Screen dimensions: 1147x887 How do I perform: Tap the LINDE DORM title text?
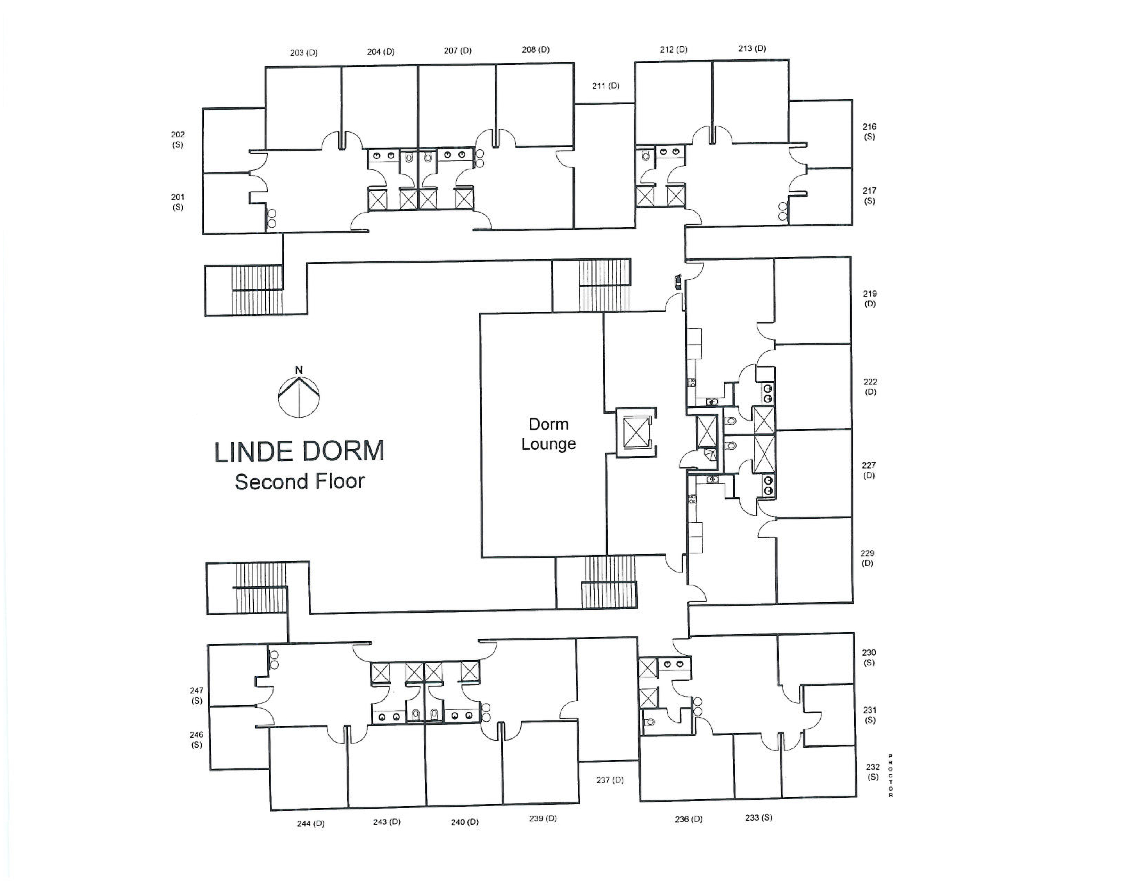tap(299, 452)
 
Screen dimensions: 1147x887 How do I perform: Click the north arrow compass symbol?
tap(299, 392)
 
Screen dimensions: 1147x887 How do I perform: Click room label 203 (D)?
tap(303, 53)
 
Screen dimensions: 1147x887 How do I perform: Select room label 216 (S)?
tap(869, 131)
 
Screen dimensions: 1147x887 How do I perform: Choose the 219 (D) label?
tap(870, 298)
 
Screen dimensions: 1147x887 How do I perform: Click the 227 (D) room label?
tap(869, 470)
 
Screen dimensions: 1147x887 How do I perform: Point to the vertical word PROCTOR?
tap(890, 776)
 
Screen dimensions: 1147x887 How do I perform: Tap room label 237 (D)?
tap(610, 780)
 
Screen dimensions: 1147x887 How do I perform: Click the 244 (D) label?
tap(310, 823)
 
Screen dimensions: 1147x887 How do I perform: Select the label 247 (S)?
tap(196, 695)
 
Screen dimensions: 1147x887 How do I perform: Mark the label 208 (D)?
tap(536, 49)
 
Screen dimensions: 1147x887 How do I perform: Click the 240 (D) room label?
tap(464, 822)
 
